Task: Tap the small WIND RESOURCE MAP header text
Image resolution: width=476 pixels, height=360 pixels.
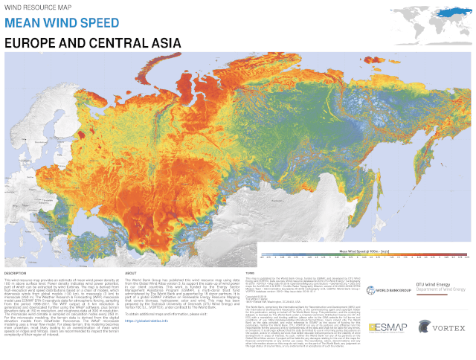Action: (30, 7)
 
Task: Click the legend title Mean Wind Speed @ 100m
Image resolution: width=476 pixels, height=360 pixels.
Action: (364, 252)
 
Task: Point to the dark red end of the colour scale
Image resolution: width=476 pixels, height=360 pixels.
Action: (468, 257)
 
